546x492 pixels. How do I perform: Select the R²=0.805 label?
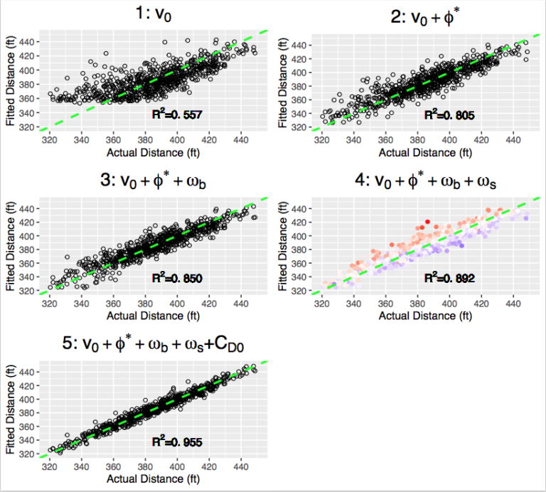pos(449,115)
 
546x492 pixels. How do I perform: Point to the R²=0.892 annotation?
pos(449,279)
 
